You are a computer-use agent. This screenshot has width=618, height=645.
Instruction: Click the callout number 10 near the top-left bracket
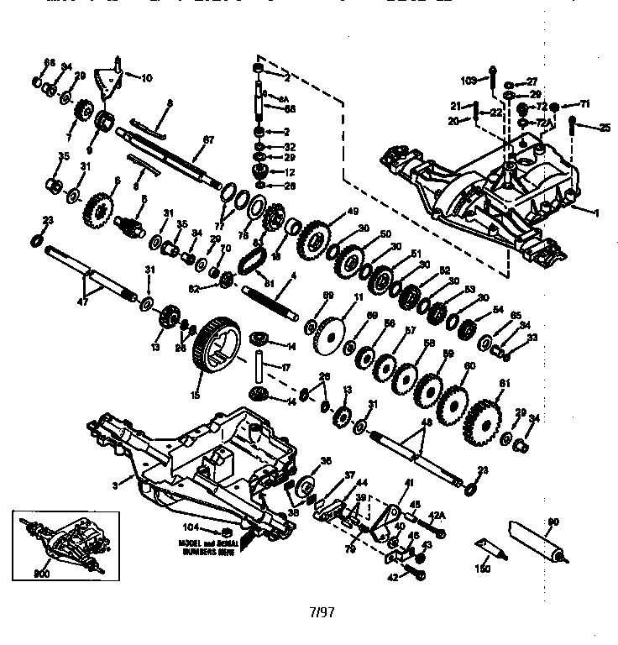[x=146, y=78]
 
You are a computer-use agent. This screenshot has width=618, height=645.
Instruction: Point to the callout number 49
[x=353, y=211]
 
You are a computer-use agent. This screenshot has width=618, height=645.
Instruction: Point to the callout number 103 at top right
[x=469, y=80]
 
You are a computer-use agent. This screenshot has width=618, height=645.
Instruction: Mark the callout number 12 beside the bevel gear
[x=290, y=171]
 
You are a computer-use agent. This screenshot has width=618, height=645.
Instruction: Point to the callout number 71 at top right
[x=585, y=102]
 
